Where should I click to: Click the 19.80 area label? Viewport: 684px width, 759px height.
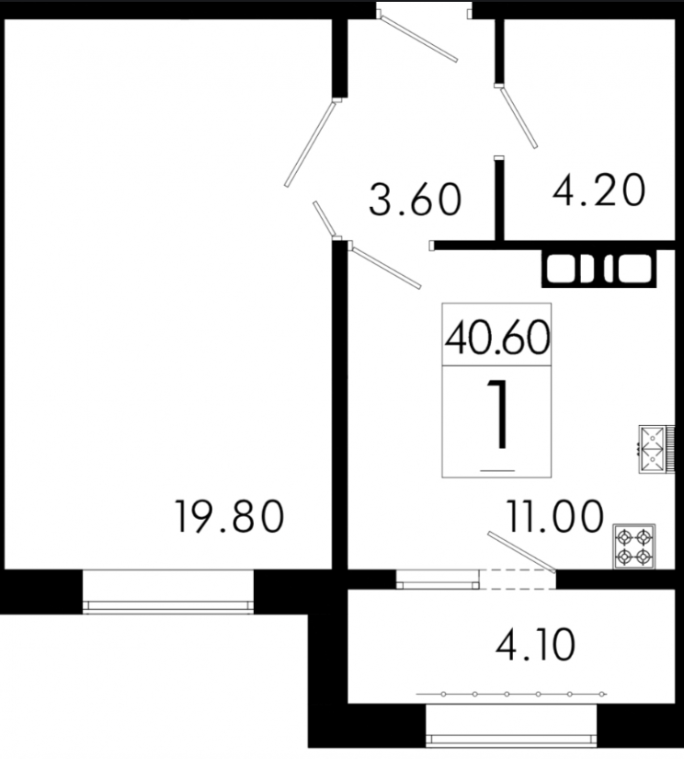click(x=230, y=516)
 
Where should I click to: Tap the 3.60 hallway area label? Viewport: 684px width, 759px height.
click(x=416, y=199)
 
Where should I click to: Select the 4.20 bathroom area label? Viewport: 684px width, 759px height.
click(x=598, y=190)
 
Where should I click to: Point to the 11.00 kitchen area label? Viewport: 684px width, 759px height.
click(x=555, y=516)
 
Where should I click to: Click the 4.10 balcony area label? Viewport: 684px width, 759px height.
click(x=535, y=644)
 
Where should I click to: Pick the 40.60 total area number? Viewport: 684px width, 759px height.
click(x=496, y=338)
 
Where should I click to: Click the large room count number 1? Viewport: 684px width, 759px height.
click(x=497, y=414)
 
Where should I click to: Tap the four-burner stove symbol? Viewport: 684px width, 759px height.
click(x=634, y=546)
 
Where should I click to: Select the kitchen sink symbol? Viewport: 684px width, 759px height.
click(x=652, y=449)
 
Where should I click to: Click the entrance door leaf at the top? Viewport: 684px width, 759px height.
click(x=419, y=39)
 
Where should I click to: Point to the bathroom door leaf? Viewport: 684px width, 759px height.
click(x=519, y=117)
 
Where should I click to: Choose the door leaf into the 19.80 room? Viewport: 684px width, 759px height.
click(x=310, y=144)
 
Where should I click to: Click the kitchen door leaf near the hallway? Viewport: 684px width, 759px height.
click(x=385, y=267)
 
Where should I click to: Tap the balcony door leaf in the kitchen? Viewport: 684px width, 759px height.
click(x=521, y=551)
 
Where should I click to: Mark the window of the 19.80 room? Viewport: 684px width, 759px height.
click(x=168, y=592)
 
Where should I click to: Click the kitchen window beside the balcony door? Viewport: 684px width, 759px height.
click(x=438, y=580)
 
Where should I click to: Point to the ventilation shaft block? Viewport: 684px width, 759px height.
click(x=599, y=270)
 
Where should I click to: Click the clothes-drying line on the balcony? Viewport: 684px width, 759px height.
click(x=511, y=694)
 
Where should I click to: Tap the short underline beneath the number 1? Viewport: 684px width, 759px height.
click(x=497, y=470)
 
